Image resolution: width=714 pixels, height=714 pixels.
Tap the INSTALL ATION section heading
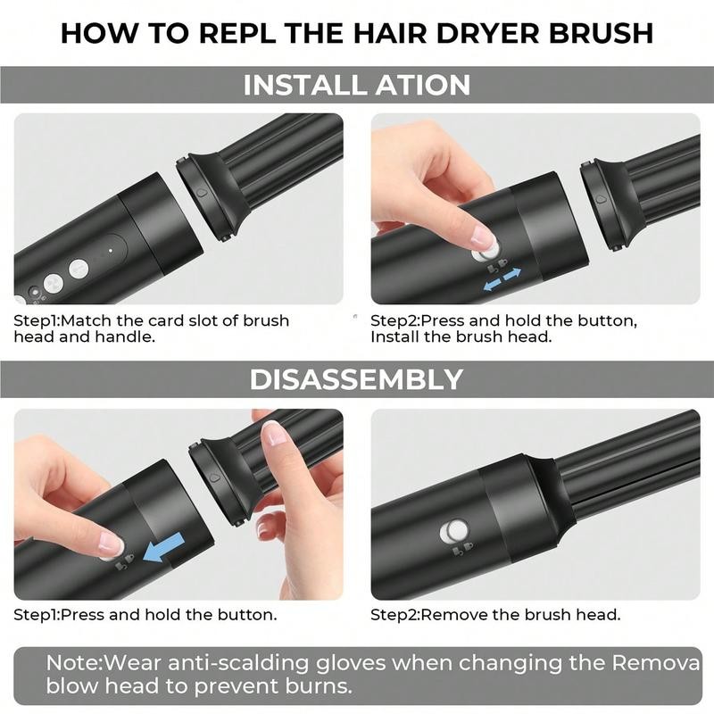pyautogui.click(x=357, y=86)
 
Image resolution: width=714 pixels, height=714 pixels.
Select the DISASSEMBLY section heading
pyautogui.click(x=357, y=378)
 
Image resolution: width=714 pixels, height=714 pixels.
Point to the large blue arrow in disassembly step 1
pyautogui.click(x=168, y=546)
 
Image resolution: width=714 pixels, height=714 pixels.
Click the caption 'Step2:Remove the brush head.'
pyautogui.click(x=495, y=615)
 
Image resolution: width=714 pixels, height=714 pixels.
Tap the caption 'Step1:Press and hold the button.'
pyautogui.click(x=145, y=615)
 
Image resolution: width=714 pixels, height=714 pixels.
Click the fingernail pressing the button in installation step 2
pyautogui.click(x=482, y=237)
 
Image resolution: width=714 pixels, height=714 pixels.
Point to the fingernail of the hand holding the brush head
pyautogui.click(x=274, y=434)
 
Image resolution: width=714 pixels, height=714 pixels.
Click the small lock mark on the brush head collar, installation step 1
pyautogui.click(x=202, y=191)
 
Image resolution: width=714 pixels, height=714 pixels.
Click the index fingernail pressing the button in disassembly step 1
pyautogui.click(x=111, y=543)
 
